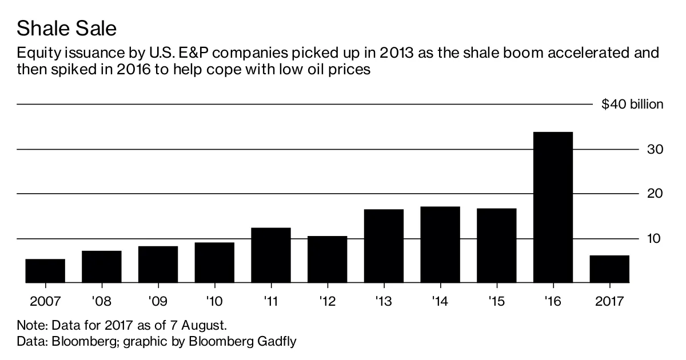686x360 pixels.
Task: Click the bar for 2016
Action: (x=553, y=207)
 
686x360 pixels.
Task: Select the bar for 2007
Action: (x=45, y=271)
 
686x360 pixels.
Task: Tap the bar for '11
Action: (x=271, y=255)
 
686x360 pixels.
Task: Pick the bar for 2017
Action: (x=609, y=269)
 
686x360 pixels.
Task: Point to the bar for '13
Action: (x=384, y=246)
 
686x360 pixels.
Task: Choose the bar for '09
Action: (x=158, y=265)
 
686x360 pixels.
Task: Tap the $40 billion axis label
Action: (x=632, y=105)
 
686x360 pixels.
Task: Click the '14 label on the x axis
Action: (x=440, y=301)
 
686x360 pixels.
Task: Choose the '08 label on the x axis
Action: (x=102, y=301)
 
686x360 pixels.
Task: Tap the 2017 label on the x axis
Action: (x=609, y=301)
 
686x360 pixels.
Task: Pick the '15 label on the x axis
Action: (x=496, y=301)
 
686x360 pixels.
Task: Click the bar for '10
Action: (x=214, y=262)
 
